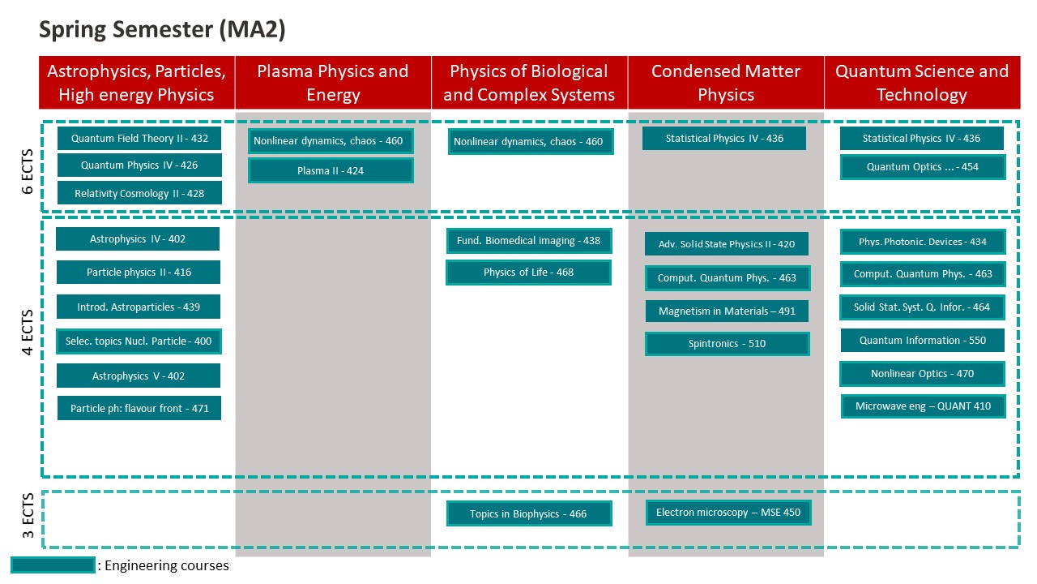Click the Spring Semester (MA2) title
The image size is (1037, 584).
162,31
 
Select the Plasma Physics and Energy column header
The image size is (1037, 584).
333,83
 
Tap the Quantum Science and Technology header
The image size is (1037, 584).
922,83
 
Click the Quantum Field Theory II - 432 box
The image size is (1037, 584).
139,139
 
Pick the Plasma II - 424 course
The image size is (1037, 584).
331,170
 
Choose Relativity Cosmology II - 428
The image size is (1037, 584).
139,193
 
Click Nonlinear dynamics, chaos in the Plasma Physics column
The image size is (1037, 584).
331,141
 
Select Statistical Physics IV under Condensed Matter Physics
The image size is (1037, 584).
724,139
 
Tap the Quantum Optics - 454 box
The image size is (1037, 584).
922,167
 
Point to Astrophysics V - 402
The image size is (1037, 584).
139,376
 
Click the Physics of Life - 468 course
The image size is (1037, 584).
528,273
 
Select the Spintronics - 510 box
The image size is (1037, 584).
728,344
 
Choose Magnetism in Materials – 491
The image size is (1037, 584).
728,311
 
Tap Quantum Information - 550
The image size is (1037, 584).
922,341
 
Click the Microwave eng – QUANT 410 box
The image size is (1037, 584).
923,406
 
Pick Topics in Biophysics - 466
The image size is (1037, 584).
528,513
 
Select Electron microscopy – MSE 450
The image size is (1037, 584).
728,513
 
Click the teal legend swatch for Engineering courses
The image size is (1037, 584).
53,565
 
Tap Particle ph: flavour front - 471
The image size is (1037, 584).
139,408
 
